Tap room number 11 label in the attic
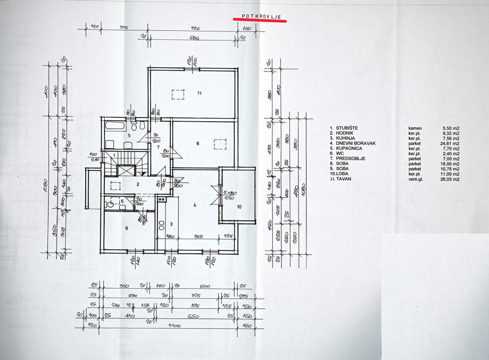point(199,94)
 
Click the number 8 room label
point(197,144)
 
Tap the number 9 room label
point(126,228)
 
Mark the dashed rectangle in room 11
point(178,95)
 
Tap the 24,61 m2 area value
point(450,143)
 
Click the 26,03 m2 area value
point(450,179)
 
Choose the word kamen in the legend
point(415,128)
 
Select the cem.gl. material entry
point(417,179)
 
